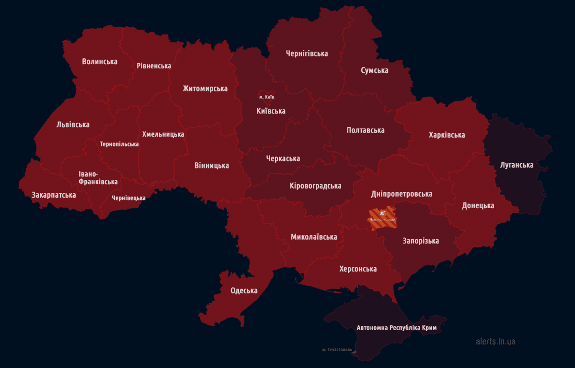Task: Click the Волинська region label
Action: [x=100, y=61]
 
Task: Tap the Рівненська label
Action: [x=154, y=66]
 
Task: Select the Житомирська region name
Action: [x=205, y=89]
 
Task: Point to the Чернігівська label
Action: [x=307, y=53]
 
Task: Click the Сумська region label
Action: [x=375, y=70]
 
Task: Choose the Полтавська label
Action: [x=366, y=130]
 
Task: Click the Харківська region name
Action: [x=447, y=135]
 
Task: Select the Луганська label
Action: [x=517, y=165]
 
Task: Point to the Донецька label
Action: [x=478, y=205]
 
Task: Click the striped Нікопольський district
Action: [x=382, y=218]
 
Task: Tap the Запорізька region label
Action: [x=421, y=241]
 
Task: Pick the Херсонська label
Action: [x=358, y=269]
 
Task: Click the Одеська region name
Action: [x=244, y=290]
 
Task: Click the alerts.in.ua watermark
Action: [x=495, y=342]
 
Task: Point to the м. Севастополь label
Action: [x=337, y=350]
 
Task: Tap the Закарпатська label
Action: [x=54, y=195]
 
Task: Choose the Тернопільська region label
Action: [x=119, y=144]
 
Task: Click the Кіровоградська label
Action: [x=315, y=186]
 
